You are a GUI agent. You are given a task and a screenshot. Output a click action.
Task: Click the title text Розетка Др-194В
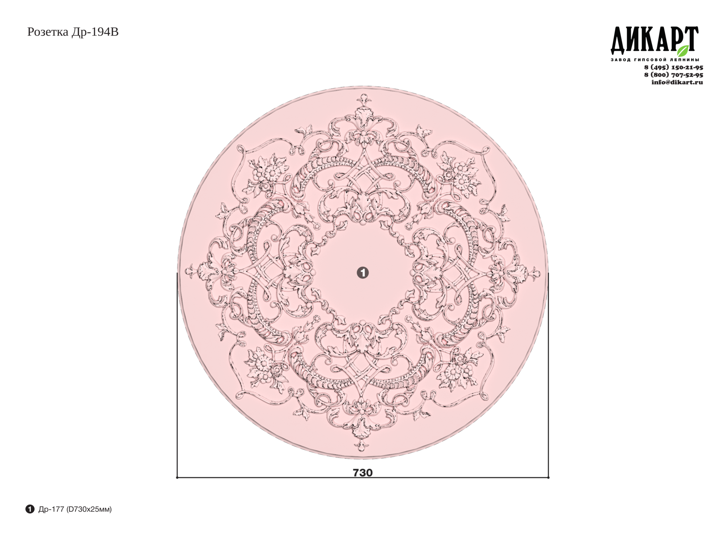point(73,32)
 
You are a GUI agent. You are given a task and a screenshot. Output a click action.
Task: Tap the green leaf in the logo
point(683,50)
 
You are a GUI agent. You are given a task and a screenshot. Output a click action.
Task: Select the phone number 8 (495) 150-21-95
point(674,67)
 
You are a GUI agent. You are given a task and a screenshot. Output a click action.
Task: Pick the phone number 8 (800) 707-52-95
point(674,75)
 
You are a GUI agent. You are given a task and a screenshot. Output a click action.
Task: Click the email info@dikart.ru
point(677,82)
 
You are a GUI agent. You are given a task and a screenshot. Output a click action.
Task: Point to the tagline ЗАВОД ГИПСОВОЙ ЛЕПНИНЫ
point(655,59)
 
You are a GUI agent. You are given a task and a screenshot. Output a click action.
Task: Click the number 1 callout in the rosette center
point(363,273)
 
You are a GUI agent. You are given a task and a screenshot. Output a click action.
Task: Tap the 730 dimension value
point(363,473)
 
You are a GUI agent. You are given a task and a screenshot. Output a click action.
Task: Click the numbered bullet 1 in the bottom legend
point(30,509)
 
